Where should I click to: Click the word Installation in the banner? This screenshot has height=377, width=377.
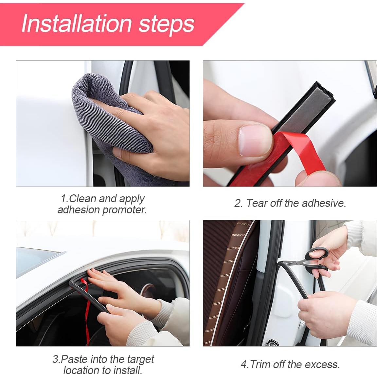(x=77, y=24)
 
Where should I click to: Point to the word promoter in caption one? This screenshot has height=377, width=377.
(x=124, y=210)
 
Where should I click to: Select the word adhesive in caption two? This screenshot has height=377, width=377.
(x=324, y=203)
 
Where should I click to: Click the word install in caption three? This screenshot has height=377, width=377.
(x=128, y=370)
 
